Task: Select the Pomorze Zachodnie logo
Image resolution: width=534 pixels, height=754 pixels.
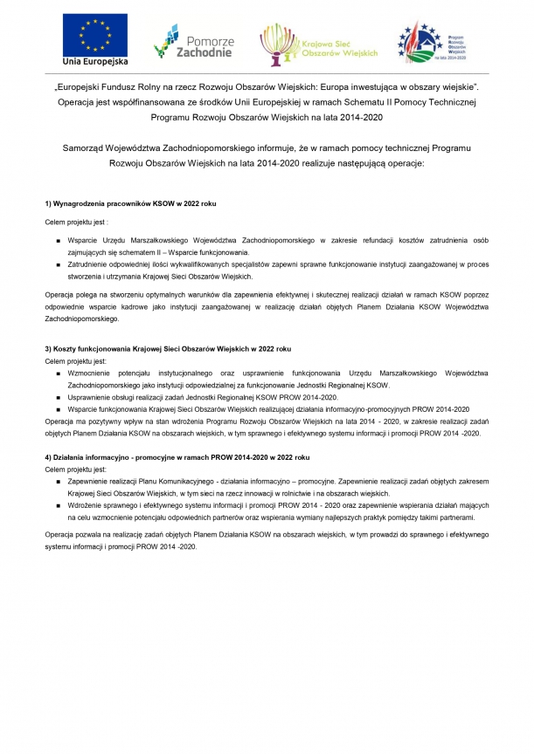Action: (x=193, y=40)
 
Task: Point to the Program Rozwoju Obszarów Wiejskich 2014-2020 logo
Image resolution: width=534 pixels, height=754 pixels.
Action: (x=433, y=41)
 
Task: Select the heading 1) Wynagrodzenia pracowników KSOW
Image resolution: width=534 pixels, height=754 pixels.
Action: (x=130, y=203)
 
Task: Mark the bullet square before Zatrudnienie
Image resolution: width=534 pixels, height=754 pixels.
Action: (x=58, y=263)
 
